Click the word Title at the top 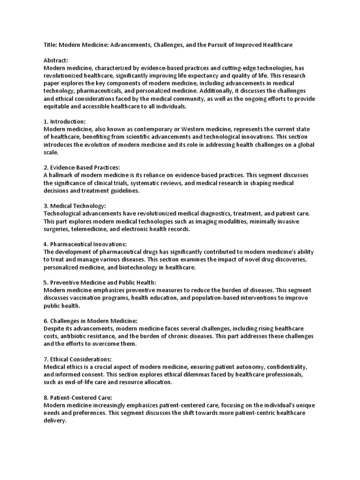coord(50,45)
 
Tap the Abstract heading coord(56,60)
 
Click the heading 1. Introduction coord(64,121)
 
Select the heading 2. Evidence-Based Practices coord(82,167)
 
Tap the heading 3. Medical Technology coord(75,206)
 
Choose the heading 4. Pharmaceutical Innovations coord(85,244)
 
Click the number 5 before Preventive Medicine coord(45,282)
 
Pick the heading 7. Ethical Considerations coord(77,359)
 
